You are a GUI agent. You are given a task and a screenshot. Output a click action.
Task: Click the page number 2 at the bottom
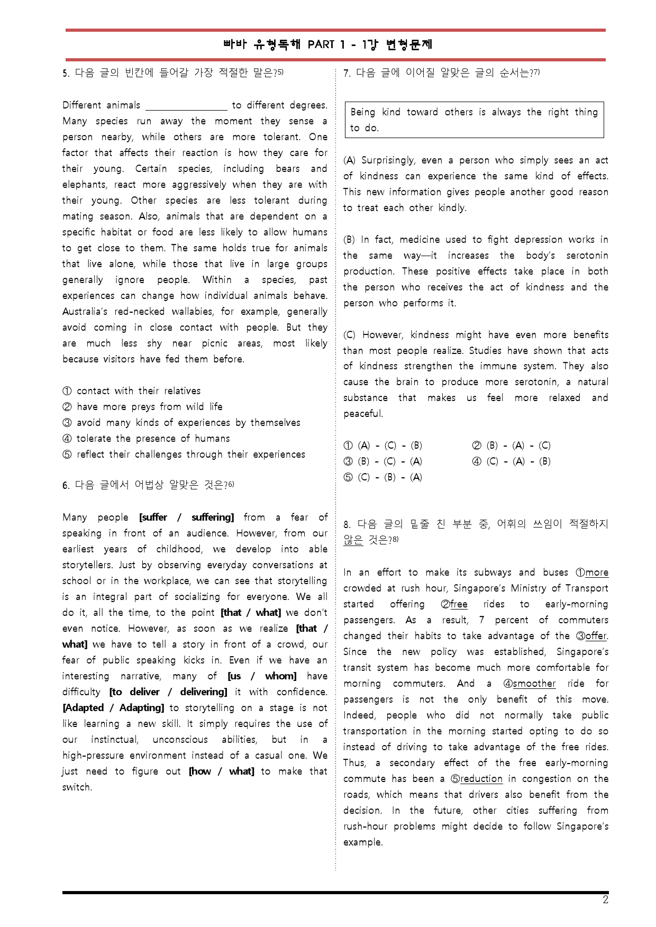(605, 900)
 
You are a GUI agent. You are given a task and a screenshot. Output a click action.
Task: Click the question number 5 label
(65, 74)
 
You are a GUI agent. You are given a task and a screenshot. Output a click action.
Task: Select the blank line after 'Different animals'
(186, 106)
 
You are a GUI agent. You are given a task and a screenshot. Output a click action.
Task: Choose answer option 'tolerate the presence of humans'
(153, 439)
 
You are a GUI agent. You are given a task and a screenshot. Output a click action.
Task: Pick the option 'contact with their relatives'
(139, 391)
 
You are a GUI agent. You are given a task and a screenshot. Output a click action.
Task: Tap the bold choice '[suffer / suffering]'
(186, 517)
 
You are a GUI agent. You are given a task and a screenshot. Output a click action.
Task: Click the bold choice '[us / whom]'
(262, 676)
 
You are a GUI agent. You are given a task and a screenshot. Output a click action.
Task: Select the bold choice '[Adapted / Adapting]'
(113, 708)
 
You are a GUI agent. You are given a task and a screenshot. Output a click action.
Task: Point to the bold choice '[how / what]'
(221, 771)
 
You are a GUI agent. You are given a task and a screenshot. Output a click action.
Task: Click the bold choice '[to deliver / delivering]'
(168, 692)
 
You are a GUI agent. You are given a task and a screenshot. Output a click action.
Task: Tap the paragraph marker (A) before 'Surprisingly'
(349, 160)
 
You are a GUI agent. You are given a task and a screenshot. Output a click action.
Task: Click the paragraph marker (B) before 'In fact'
(349, 240)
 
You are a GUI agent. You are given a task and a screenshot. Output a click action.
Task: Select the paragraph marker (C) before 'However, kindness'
(349, 335)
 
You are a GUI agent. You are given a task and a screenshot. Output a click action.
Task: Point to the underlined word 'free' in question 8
(459, 604)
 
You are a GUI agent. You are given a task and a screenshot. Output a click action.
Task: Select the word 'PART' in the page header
(321, 45)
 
